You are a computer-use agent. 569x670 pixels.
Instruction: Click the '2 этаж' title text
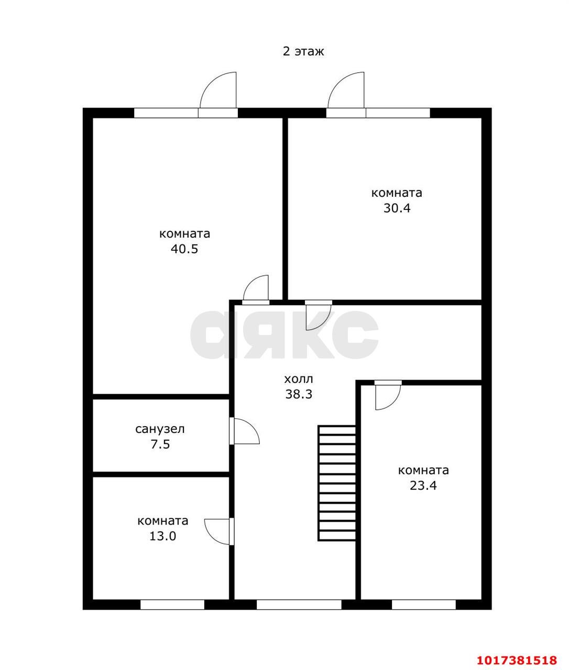click(x=303, y=51)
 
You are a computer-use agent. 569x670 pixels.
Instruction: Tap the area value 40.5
click(x=184, y=249)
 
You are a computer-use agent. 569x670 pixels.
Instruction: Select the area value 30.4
click(x=397, y=208)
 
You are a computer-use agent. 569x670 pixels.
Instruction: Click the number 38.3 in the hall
click(x=299, y=394)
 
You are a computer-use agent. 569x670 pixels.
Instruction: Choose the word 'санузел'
click(x=160, y=429)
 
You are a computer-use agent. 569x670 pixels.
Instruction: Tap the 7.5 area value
click(x=160, y=444)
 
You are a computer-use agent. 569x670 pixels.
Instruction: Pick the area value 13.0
click(x=162, y=536)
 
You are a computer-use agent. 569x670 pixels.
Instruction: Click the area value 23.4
click(x=423, y=486)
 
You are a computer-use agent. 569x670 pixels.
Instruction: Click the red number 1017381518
click(x=517, y=658)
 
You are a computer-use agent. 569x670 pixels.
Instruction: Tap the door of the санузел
click(x=244, y=431)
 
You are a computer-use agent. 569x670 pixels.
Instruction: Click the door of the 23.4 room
click(x=388, y=395)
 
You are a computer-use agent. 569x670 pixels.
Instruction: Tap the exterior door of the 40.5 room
click(x=218, y=94)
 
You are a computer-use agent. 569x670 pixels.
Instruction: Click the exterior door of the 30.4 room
click(x=346, y=94)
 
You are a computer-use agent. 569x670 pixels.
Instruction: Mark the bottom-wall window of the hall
click(x=299, y=605)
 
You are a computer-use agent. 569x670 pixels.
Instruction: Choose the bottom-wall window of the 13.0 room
click(x=172, y=605)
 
